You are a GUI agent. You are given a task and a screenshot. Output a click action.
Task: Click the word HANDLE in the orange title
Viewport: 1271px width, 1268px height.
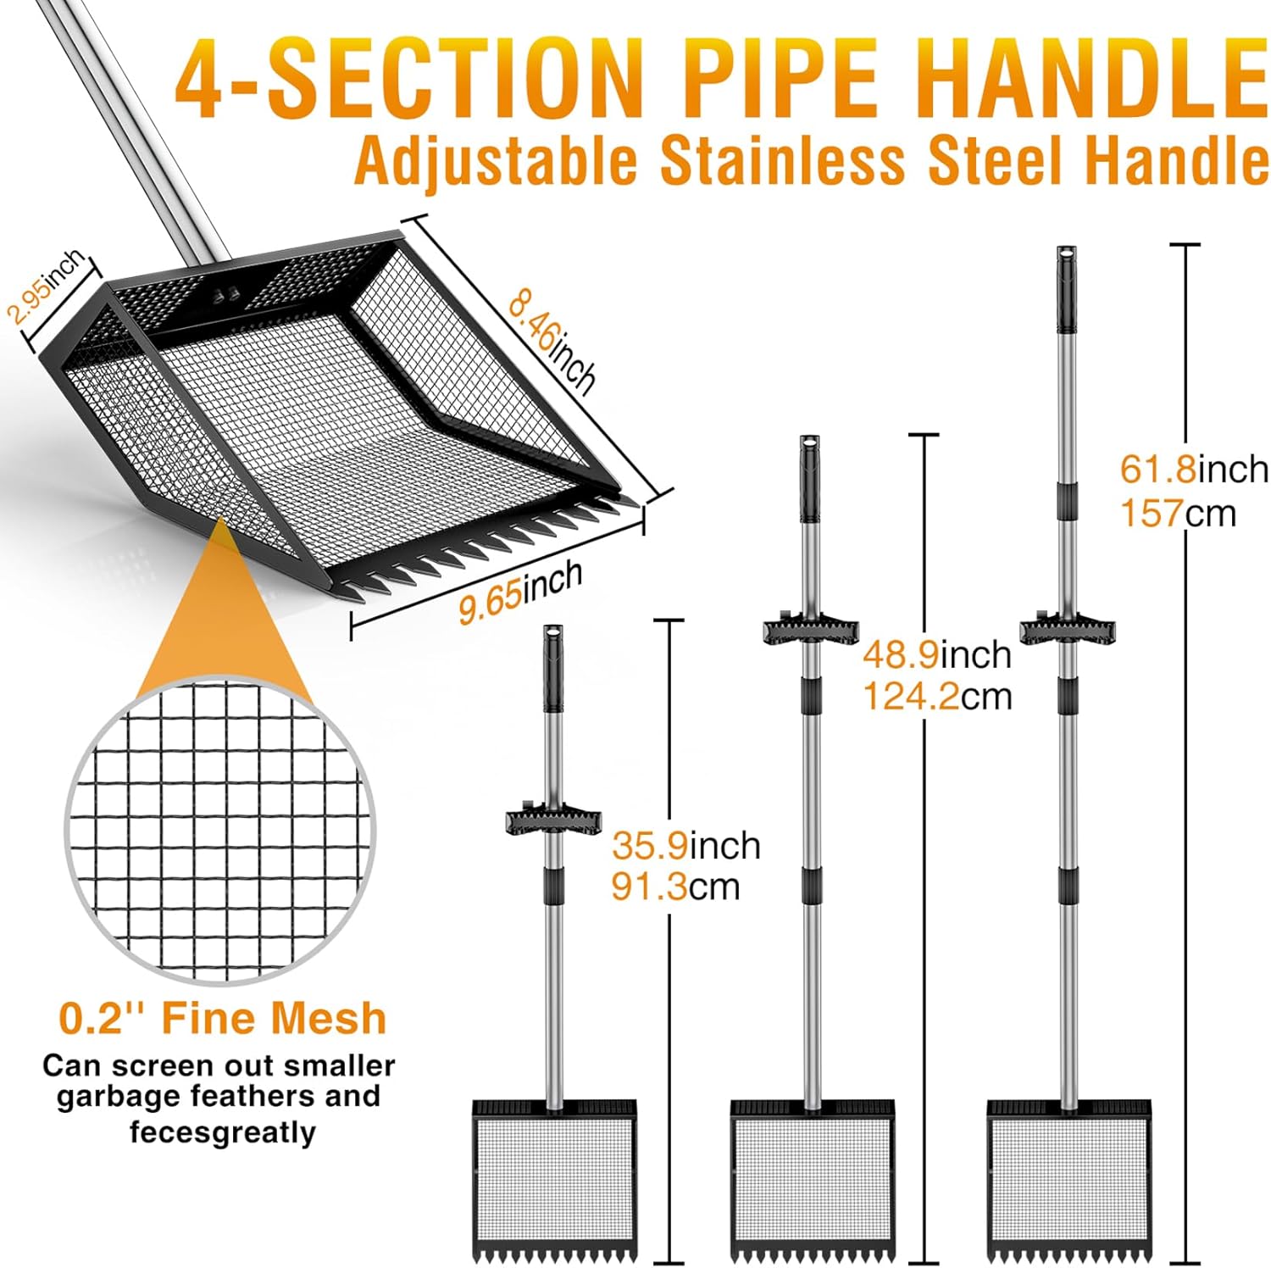pyautogui.click(x=1093, y=75)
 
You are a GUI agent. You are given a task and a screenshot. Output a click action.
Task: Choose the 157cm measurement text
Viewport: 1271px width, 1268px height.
pyautogui.click(x=1179, y=513)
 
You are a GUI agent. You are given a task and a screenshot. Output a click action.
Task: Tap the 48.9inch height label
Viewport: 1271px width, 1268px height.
pyautogui.click(x=937, y=654)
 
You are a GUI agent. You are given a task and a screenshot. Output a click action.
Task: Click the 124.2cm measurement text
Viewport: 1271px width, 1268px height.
pyautogui.click(x=937, y=697)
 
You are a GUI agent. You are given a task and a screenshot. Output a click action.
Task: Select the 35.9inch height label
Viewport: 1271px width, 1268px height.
pyautogui.click(x=686, y=845)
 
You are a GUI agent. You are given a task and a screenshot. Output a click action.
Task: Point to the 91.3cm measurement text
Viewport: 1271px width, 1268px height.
pyautogui.click(x=675, y=887)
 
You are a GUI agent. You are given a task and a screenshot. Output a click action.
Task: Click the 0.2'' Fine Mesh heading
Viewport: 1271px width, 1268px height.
pyautogui.click(x=223, y=1017)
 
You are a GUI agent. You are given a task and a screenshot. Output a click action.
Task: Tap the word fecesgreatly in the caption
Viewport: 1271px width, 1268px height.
pyautogui.click(x=223, y=1132)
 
